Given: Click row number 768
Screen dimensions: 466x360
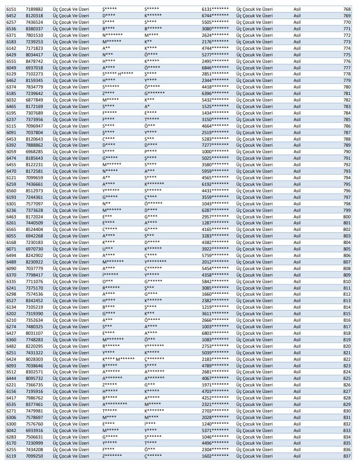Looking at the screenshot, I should coord(346,9).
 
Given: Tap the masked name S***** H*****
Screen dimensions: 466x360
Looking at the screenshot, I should coord(118,74).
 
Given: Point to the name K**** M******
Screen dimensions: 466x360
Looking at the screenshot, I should coord(119,359).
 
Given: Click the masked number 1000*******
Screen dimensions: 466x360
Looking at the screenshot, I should coord(215,152).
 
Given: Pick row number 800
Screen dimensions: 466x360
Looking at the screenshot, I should coord(346,216).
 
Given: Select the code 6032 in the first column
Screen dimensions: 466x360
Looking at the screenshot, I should coord(11,100).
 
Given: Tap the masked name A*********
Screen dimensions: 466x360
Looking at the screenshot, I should coord(115,405).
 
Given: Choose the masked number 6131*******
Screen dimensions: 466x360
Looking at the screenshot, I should coord(215,9).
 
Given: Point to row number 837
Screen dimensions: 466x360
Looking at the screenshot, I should coord(346,456).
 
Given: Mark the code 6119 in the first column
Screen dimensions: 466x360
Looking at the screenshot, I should coord(11,456).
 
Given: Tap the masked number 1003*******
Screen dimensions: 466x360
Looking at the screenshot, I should coord(215,326).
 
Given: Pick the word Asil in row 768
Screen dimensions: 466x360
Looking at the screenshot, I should coord(297,9).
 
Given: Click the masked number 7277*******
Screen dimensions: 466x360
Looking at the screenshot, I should coord(215,145).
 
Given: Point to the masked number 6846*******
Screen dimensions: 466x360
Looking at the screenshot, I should coord(215,68).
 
